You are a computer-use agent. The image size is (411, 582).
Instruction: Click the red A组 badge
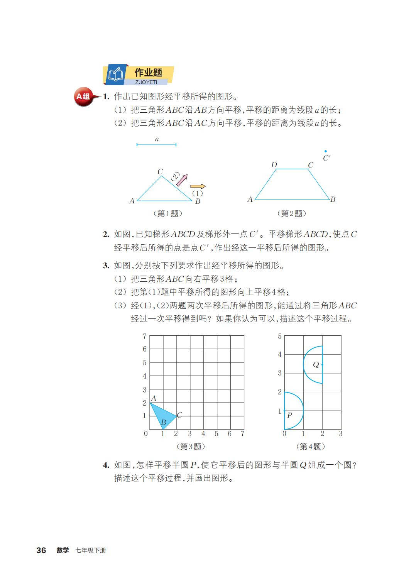coord(83,96)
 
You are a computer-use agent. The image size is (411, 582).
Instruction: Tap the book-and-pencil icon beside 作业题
coord(116,74)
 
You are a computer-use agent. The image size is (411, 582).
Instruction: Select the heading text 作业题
coord(148,73)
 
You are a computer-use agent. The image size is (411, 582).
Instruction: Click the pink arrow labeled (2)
coord(182,180)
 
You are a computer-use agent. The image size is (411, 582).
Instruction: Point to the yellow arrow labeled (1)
coord(198,186)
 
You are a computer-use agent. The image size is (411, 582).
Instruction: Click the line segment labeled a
coord(156,145)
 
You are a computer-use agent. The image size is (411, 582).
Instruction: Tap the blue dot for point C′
coord(325,151)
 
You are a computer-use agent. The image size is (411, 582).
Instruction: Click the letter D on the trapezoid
coord(274,165)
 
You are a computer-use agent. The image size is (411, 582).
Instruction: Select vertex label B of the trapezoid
coord(333,200)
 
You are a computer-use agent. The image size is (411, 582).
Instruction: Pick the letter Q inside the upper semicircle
coord(316,365)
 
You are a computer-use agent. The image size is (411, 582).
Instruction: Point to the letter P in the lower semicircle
coord(289,415)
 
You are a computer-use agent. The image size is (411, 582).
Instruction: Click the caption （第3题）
coord(190,447)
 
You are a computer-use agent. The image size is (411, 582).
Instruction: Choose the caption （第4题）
coord(310,447)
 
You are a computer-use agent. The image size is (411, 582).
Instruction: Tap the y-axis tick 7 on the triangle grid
coord(145,336)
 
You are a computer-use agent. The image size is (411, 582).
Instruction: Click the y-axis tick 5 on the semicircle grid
coord(280,337)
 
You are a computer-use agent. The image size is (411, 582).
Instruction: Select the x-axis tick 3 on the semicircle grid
coord(340,434)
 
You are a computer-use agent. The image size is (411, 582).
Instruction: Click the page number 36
coord(41,550)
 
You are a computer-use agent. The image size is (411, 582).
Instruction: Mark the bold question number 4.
coord(106,465)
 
